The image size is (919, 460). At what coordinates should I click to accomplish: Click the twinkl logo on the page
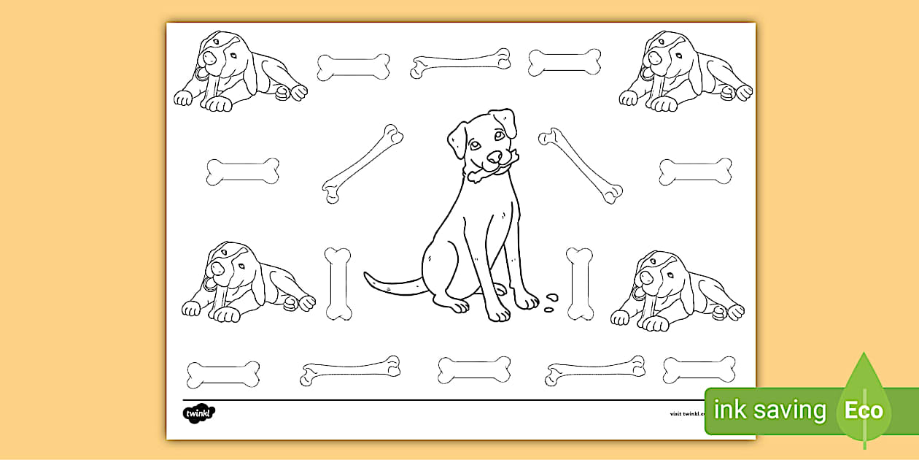pyautogui.click(x=199, y=413)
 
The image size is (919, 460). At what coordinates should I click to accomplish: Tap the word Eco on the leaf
pyautogui.click(x=864, y=410)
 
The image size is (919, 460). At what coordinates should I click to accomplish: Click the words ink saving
pyautogui.click(x=769, y=410)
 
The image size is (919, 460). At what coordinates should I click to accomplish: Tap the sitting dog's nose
pyautogui.click(x=495, y=156)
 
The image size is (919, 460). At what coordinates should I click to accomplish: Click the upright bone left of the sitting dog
pyautogui.click(x=338, y=284)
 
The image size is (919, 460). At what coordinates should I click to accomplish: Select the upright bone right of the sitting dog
pyautogui.click(x=580, y=284)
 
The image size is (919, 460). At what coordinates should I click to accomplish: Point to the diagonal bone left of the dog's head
pyautogui.click(x=362, y=164)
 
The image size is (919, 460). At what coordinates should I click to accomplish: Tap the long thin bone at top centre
pyautogui.click(x=460, y=63)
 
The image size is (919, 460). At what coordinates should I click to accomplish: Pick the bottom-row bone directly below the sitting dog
pyautogui.click(x=474, y=370)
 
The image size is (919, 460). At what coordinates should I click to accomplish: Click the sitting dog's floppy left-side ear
pyautogui.click(x=457, y=139)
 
